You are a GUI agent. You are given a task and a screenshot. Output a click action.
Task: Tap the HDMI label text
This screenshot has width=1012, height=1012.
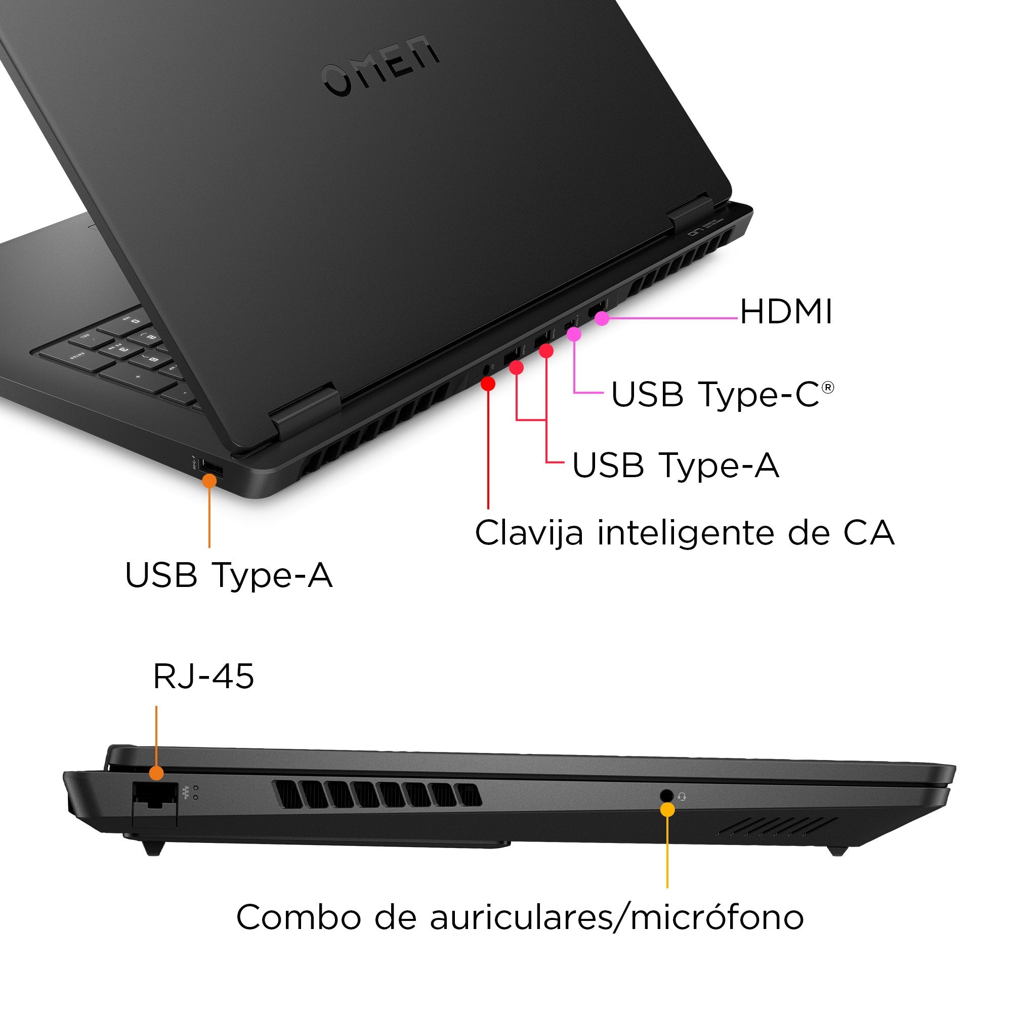click(786, 312)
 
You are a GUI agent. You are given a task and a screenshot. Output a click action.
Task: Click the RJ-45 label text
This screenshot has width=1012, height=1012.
click(203, 676)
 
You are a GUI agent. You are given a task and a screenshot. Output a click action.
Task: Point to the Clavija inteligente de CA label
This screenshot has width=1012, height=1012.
click(684, 533)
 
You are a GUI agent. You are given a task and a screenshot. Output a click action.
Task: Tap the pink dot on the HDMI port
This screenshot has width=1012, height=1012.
click(602, 318)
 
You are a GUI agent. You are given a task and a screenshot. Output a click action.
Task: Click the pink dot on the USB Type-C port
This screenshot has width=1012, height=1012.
click(574, 333)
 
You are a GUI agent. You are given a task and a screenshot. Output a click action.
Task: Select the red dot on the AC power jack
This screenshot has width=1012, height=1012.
click(488, 384)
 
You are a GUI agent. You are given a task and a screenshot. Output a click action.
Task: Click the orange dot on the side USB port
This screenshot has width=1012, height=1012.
click(209, 480)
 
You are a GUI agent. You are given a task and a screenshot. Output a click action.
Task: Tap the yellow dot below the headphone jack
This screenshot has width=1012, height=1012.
click(667, 809)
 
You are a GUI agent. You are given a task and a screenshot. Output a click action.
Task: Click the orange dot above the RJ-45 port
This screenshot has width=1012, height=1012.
click(156, 773)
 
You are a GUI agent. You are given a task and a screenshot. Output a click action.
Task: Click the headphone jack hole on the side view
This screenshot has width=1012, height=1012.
click(666, 795)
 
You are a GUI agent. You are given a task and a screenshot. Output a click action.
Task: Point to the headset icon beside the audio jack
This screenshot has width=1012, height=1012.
click(682, 797)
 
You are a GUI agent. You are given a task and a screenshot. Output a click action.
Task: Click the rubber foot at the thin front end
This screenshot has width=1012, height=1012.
click(838, 851)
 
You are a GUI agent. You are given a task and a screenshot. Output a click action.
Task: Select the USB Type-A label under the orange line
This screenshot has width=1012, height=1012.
click(229, 575)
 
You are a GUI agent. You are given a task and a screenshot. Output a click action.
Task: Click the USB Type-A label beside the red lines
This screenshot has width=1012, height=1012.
click(676, 465)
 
